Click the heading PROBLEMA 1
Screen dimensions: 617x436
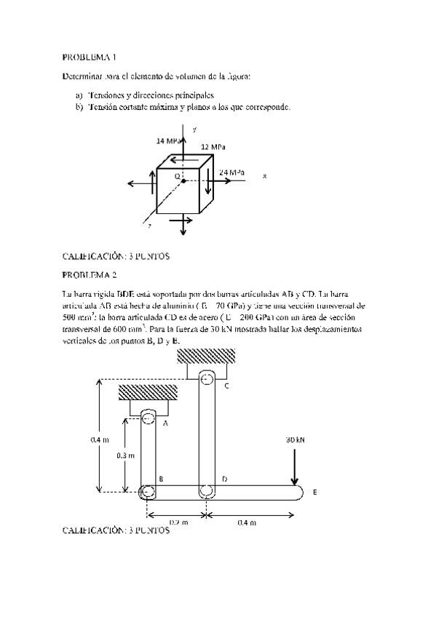click(89, 57)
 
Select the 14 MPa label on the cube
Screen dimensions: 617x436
click(168, 140)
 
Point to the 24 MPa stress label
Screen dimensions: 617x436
click(231, 172)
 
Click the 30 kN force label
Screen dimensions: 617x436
click(295, 440)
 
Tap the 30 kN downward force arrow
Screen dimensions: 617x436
click(295, 467)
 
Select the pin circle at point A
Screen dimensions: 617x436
click(148, 418)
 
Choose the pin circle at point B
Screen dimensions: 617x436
click(148, 492)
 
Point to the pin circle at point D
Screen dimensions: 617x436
click(207, 492)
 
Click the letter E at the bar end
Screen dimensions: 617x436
click(314, 493)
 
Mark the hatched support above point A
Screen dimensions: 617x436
click(148, 391)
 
